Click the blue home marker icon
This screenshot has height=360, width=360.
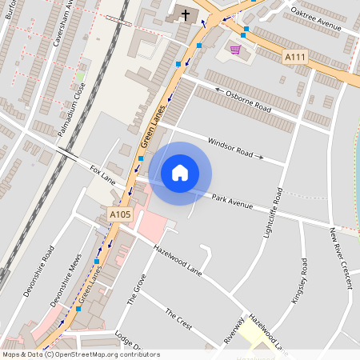pyautogui.click(x=180, y=173)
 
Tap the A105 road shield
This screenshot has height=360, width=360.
pyautogui.click(x=119, y=214)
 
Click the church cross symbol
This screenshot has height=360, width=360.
pyautogui.click(x=186, y=14)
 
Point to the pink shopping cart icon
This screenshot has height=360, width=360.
pyautogui.click(x=235, y=50)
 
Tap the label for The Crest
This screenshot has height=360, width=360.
pyautogui.click(x=178, y=320)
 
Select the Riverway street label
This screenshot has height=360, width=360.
pyautogui.click(x=235, y=330)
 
